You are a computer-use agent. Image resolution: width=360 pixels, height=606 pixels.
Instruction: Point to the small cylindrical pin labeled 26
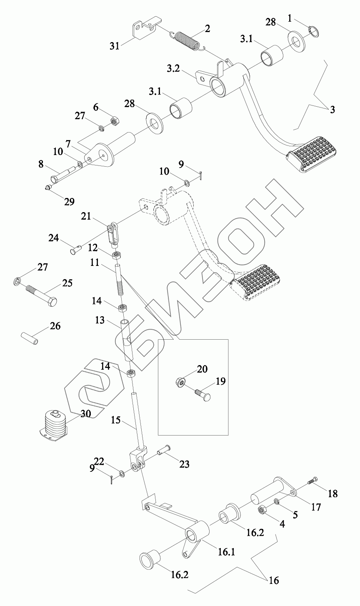click(x=30, y=338)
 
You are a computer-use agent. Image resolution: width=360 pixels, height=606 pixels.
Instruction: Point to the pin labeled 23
click(x=164, y=451)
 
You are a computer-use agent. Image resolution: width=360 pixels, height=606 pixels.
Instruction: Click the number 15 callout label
click(x=116, y=420)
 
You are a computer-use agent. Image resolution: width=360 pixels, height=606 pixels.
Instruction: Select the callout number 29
click(x=69, y=202)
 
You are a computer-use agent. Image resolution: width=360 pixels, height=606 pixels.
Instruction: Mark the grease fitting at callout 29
click(x=48, y=189)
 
